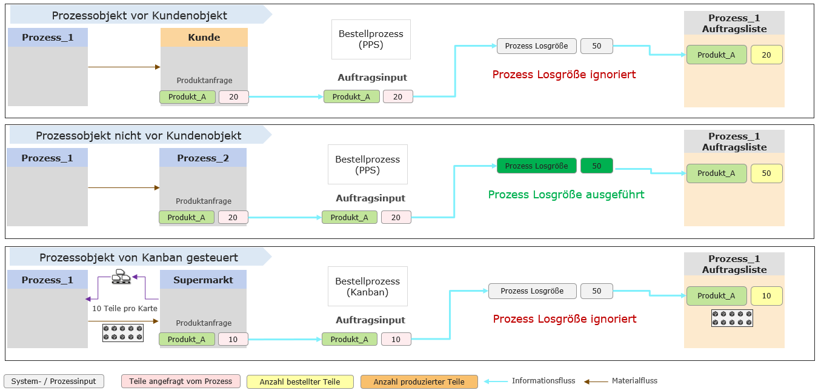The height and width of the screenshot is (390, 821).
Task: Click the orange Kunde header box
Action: pyautogui.click(x=204, y=38)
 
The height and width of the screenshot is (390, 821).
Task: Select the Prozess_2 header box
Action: pyautogui.click(x=203, y=158)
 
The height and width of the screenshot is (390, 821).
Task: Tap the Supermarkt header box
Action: pyautogui.click(x=203, y=280)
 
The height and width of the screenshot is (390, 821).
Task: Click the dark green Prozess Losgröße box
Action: pyautogui.click(x=536, y=166)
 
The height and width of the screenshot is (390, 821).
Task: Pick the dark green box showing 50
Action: pyautogui.click(x=596, y=166)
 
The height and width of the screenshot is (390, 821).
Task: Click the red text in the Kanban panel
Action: pyautogui.click(x=565, y=319)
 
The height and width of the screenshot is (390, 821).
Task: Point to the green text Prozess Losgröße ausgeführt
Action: pyautogui.click(x=566, y=195)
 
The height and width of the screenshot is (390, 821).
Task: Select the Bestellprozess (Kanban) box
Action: pyautogui.click(x=368, y=287)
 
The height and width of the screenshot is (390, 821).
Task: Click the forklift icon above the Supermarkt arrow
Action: pyautogui.click(x=122, y=277)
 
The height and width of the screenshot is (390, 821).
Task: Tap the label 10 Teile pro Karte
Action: pyautogui.click(x=124, y=309)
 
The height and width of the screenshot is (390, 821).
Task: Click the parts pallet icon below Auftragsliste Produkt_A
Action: pyautogui.click(x=732, y=318)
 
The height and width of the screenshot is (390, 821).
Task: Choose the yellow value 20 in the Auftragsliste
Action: pyautogui.click(x=766, y=55)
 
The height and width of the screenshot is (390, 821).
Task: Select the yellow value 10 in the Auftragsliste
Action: pyautogui.click(x=766, y=296)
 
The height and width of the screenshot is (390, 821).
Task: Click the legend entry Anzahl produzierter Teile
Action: pyautogui.click(x=419, y=382)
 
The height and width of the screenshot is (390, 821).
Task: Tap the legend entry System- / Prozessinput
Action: pyautogui.click(x=54, y=382)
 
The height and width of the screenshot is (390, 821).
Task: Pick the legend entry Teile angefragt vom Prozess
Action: pyautogui.click(x=181, y=382)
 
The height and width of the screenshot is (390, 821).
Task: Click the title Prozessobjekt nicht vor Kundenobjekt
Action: pyautogui.click(x=138, y=136)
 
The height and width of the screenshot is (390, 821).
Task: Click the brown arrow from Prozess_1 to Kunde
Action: pyautogui.click(x=124, y=67)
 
